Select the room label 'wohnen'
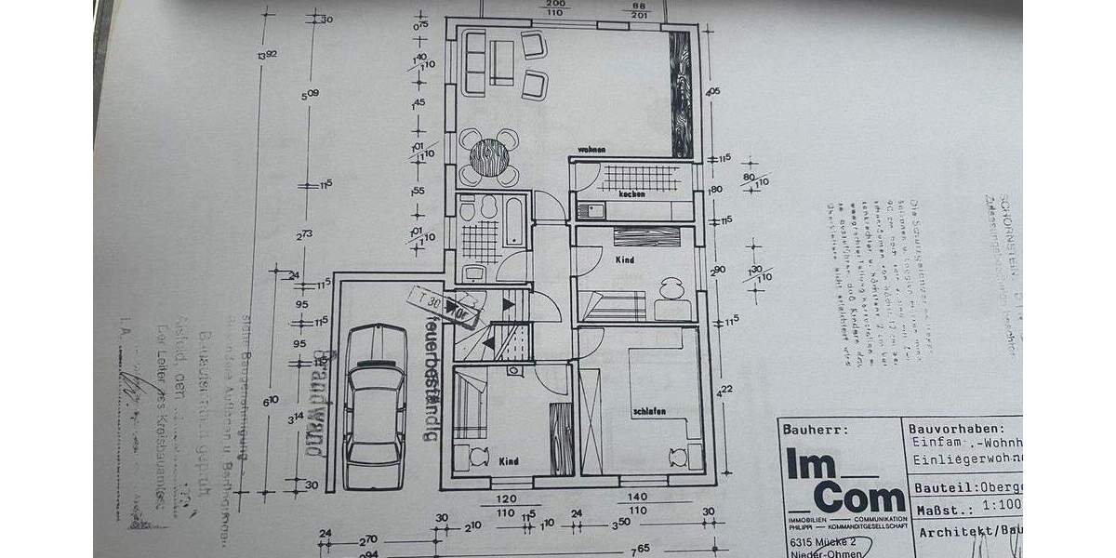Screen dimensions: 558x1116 pos(591,149)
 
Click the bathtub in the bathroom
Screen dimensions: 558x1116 pos(514,222)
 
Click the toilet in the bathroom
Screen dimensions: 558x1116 pos(468,210)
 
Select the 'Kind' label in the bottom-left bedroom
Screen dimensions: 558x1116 pos(509,460)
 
